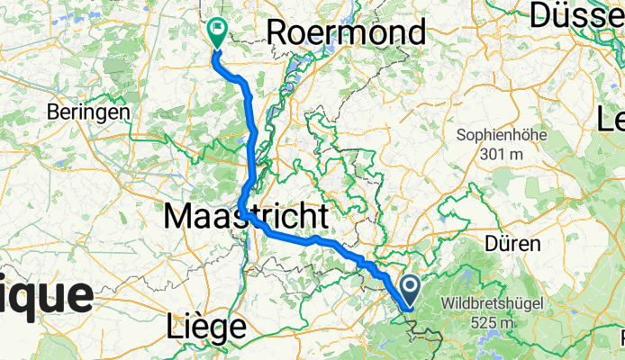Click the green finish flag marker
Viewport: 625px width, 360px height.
(x=217, y=32)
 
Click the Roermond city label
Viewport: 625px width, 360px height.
(x=347, y=33)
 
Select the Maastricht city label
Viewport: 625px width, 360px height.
(x=245, y=216)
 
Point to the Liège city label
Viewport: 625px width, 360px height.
(x=206, y=325)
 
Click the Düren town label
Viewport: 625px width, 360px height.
(x=512, y=244)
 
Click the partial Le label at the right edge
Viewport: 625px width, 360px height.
(x=612, y=118)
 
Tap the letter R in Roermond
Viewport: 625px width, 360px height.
(x=277, y=33)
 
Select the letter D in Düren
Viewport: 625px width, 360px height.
(x=490, y=244)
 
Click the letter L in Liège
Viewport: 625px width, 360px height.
(x=174, y=325)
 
